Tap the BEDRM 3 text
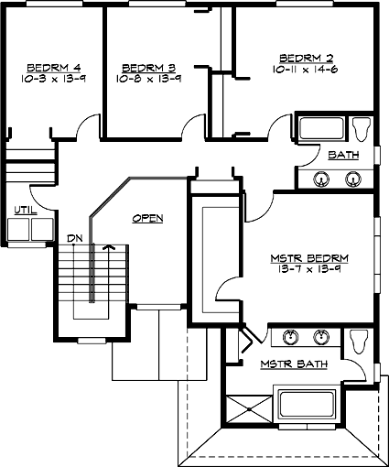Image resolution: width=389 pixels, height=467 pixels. [x=146, y=67]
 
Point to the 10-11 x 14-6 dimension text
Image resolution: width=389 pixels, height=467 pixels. [x=297, y=69]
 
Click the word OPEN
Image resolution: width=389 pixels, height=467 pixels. [x=147, y=218]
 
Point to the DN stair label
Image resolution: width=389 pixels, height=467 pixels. [x=75, y=239]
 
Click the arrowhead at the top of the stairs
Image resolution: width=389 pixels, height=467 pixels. [x=109, y=246]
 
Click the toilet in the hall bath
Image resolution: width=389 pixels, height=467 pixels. [x=363, y=128]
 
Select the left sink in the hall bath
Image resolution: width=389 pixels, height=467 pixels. [x=321, y=179]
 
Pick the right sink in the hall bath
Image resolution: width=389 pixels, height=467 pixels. [x=352, y=179]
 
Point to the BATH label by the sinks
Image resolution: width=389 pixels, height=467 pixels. [x=343, y=155]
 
